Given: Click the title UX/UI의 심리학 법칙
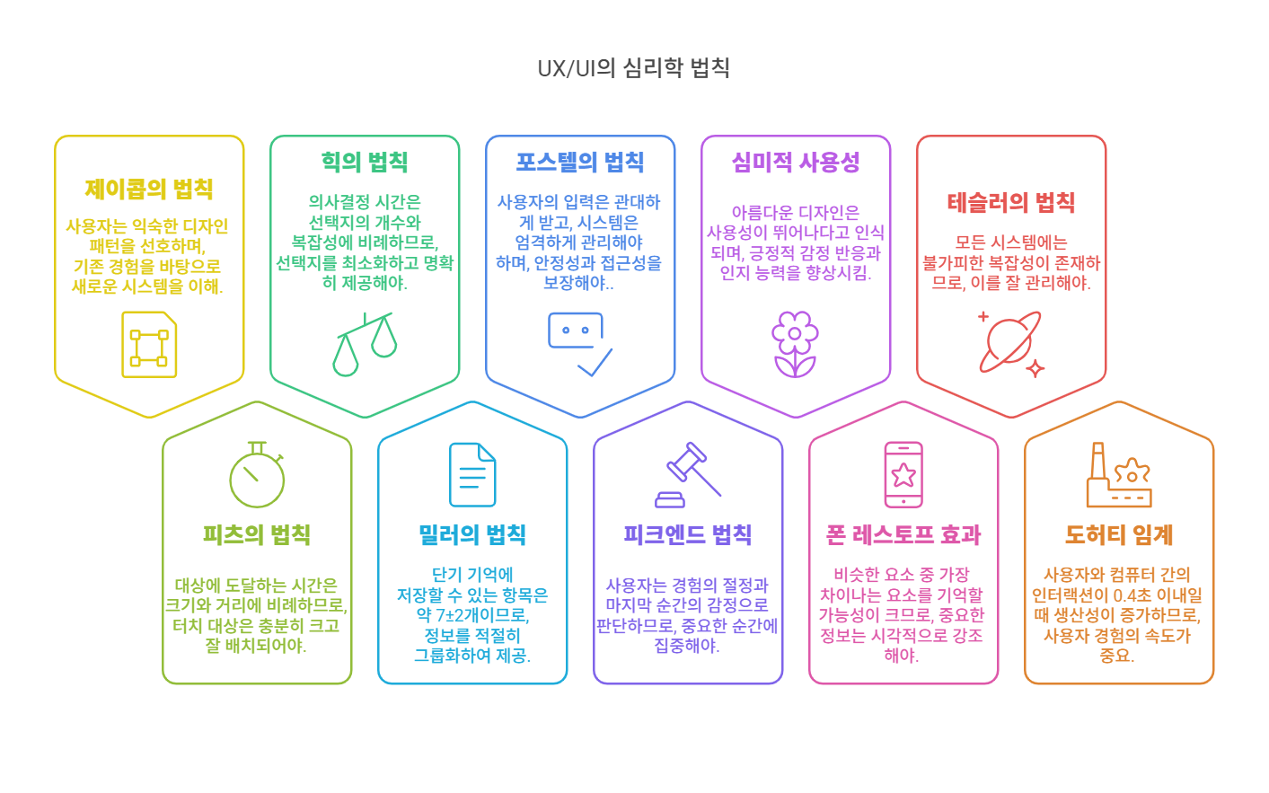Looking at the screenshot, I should (x=633, y=68).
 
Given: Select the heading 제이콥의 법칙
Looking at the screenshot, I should (x=149, y=189).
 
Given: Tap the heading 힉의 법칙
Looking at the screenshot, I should (x=365, y=163).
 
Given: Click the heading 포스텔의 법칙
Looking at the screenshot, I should (x=580, y=163).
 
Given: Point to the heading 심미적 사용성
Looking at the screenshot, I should (x=796, y=163).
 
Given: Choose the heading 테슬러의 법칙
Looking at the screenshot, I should (x=1011, y=203).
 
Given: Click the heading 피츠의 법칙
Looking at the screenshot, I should (x=257, y=535).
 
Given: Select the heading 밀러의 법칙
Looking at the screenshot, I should (x=472, y=535).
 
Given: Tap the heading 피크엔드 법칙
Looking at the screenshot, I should (x=688, y=535).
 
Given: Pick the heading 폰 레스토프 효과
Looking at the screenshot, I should (x=903, y=535).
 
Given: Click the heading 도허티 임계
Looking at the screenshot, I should (x=1119, y=535).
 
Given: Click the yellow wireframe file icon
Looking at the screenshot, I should (x=149, y=345).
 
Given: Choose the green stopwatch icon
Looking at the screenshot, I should (x=257, y=475).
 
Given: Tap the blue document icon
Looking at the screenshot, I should (x=472, y=475).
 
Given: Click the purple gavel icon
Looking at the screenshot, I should (x=688, y=475).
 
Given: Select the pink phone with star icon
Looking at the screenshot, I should (x=903, y=475).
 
